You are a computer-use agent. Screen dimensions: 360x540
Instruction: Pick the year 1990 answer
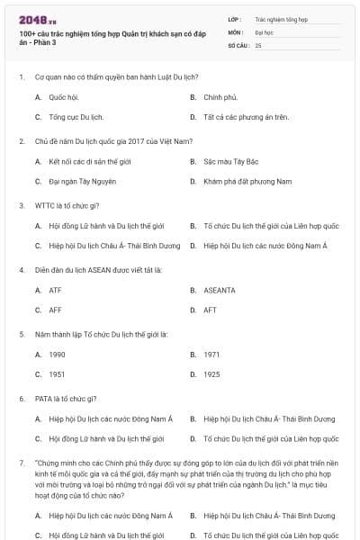(57, 355)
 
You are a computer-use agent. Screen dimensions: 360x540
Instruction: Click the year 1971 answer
(211, 355)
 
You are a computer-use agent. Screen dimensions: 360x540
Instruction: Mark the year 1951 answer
(57, 375)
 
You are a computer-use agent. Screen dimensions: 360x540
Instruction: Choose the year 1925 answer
(211, 375)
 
